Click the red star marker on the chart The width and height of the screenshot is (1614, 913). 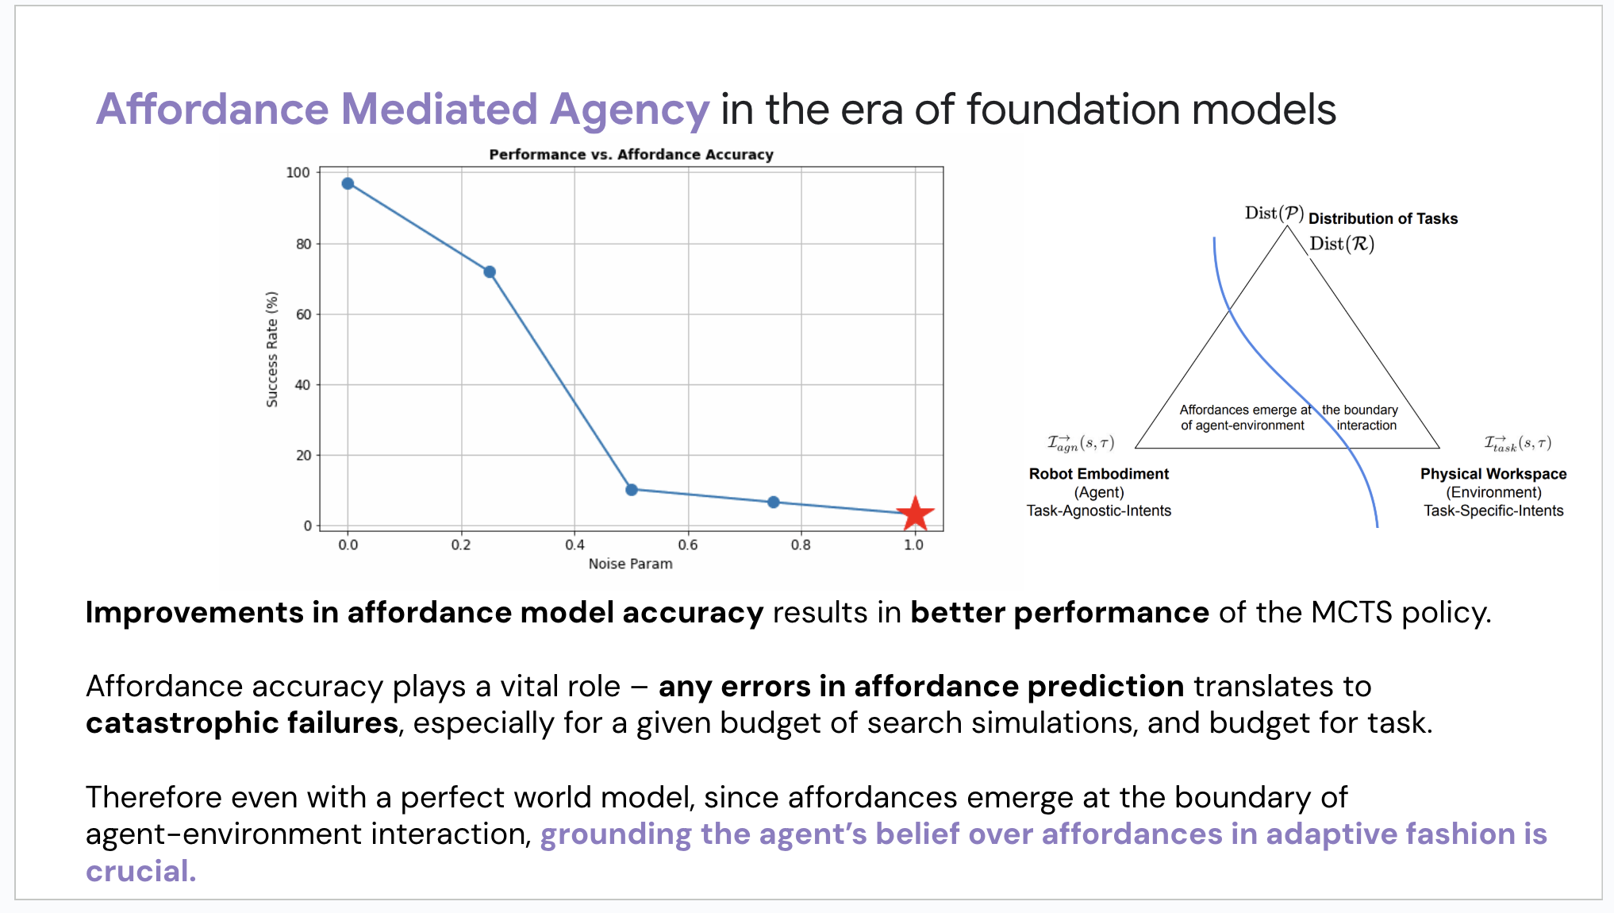[915, 514]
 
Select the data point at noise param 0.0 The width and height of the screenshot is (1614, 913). [348, 183]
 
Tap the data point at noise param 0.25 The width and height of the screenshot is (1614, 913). [490, 272]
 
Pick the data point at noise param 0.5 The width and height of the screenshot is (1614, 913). [632, 490]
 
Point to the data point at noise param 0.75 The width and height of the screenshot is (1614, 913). [774, 502]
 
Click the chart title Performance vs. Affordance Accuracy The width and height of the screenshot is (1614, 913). [631, 154]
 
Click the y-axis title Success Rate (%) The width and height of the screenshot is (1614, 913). [272, 349]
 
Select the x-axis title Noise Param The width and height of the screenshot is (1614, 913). [630, 564]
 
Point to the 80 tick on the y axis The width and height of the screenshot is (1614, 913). [303, 244]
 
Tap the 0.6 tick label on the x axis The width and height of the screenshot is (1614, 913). [688, 545]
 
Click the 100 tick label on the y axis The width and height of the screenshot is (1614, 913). [298, 172]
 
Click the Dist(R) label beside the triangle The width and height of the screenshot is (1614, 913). [1342, 244]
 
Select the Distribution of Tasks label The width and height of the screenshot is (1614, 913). [1383, 218]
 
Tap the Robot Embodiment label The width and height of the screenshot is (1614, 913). [1098, 474]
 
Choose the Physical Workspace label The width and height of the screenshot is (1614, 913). [1493, 474]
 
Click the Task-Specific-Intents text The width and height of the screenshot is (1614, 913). [1493, 510]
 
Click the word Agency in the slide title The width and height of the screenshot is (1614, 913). [629, 110]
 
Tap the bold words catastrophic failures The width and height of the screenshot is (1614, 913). [242, 723]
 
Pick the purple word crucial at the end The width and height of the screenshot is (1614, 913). [140, 871]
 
